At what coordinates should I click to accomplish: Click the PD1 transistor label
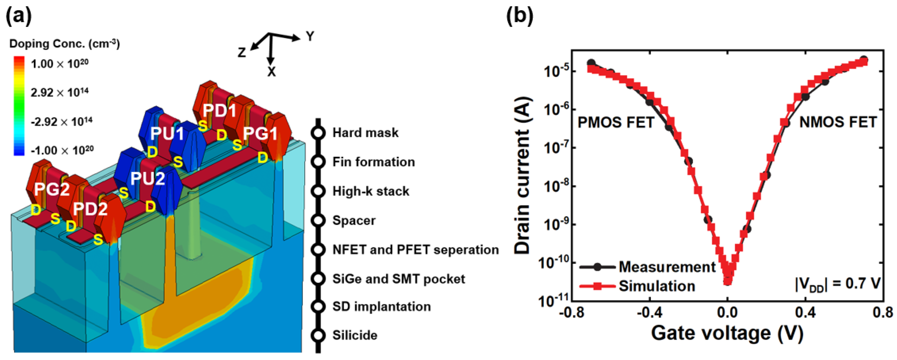tap(219, 110)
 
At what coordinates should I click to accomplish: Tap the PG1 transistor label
tap(260, 133)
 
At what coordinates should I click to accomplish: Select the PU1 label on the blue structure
tap(167, 133)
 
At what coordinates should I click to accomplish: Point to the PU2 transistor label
tap(147, 179)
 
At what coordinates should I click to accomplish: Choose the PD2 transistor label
tap(90, 209)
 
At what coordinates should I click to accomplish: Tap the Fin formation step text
tap(374, 162)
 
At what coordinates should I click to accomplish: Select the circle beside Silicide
tap(318, 335)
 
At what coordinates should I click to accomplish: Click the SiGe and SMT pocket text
tap(399, 279)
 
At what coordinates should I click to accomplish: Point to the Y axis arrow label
tap(309, 36)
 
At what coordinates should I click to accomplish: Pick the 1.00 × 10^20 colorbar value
tap(59, 64)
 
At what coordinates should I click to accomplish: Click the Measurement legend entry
tap(667, 267)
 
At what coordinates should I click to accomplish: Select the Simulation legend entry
tap(656, 286)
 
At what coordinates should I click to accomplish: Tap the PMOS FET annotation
tap(616, 122)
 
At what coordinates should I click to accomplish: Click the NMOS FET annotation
tap(838, 122)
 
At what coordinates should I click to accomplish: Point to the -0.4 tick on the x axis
tap(649, 312)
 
